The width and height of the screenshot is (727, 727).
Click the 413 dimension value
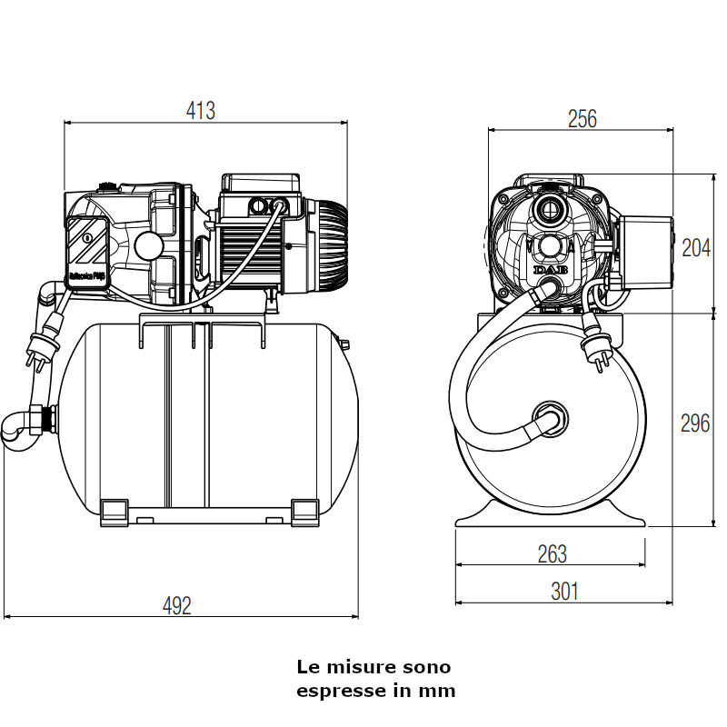coord(200,111)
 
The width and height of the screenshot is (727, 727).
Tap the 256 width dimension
coord(582,119)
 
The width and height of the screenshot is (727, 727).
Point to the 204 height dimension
coord(695,247)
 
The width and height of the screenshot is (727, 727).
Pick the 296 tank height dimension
coord(695,423)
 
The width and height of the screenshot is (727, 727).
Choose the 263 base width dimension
coord(552,553)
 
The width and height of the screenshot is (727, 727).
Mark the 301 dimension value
coord(563,592)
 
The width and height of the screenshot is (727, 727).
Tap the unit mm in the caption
coord(437,691)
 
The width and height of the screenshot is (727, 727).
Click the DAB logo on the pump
coord(549,270)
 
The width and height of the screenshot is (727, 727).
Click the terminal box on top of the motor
coord(262,195)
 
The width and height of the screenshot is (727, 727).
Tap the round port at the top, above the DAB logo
coord(550,209)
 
